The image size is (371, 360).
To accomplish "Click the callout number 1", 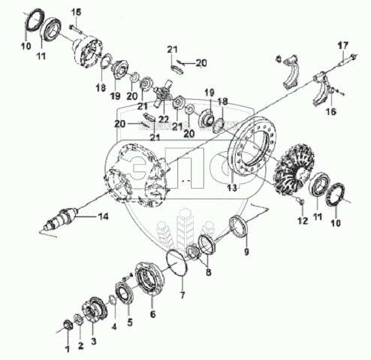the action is (67, 349).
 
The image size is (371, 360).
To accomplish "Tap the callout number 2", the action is (80, 346).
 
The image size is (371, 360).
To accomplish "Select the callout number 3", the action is (93, 341).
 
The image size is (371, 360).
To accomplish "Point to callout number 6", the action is (152, 313).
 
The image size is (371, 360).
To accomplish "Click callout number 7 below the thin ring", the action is (182, 295).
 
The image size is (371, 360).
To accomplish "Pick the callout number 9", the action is (246, 252).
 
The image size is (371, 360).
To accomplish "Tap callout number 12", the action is (303, 221).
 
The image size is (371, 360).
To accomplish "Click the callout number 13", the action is (232, 188).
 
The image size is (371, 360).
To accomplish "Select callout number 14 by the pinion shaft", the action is (103, 216).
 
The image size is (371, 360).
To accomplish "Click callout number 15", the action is (77, 12).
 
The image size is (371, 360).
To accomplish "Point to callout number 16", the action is (331, 111).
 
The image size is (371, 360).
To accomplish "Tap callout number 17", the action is (343, 46).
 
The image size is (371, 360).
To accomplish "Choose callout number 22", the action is (164, 119).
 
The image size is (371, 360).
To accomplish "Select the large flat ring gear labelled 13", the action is (252, 145).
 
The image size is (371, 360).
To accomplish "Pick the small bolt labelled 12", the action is (300, 200).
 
